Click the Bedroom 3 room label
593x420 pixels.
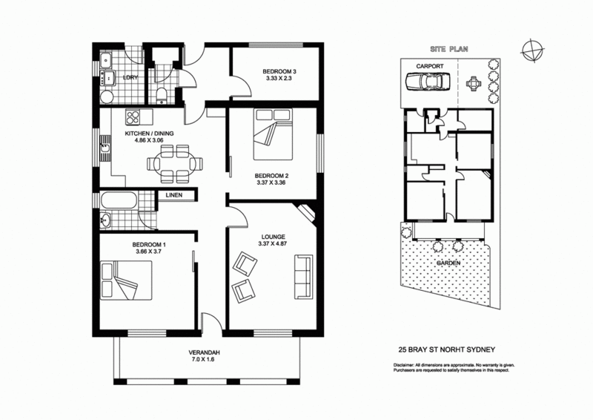(278, 72)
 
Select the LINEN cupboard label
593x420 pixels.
(174, 195)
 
